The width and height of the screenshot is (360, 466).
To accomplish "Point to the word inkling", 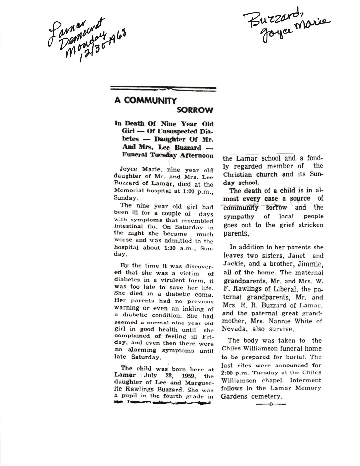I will pos(192,308).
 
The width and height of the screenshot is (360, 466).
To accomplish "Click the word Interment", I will pos(299,380).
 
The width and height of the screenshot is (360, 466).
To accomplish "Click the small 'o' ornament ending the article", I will pos(271,404).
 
